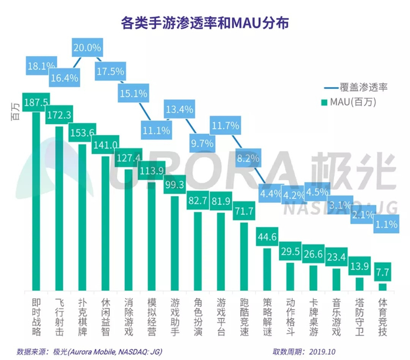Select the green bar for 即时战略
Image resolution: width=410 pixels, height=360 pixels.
pyautogui.click(x=35, y=199)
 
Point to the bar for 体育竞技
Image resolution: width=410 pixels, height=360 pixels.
pyautogui.click(x=382, y=286)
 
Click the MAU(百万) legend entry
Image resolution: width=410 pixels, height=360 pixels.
pyautogui.click(x=352, y=102)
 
